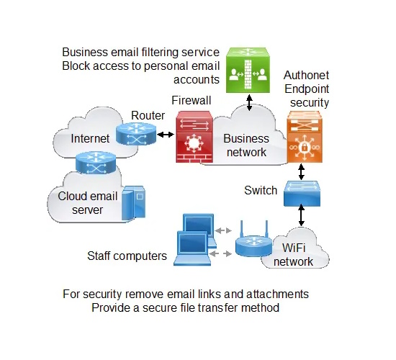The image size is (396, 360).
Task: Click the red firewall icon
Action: (x=194, y=136)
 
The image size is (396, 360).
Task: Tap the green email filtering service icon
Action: (x=248, y=70)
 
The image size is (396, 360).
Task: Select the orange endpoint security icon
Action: (x=305, y=137)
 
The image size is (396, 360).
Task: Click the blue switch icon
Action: (x=302, y=193)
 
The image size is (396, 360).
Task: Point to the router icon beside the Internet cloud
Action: (x=136, y=134)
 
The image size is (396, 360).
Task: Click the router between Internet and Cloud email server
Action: (x=96, y=163)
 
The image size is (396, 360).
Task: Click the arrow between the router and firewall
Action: (x=166, y=135)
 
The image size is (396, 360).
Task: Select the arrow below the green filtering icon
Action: (x=249, y=102)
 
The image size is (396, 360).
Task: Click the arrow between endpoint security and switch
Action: (x=301, y=172)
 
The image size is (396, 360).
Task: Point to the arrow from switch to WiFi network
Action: (x=301, y=215)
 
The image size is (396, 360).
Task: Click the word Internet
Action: (x=90, y=138)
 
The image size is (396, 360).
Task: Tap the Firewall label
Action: (x=192, y=100)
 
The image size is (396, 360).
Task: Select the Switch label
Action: (x=261, y=190)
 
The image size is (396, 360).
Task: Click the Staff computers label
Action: (x=127, y=256)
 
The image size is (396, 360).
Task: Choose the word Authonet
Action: (x=306, y=75)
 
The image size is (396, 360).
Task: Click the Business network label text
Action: (x=246, y=145)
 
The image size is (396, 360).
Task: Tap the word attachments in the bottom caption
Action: (x=277, y=294)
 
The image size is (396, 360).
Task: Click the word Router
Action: (x=148, y=115)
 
